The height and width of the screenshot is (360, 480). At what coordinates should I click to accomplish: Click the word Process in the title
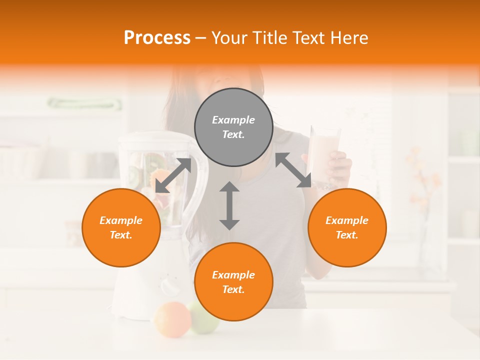click(157, 38)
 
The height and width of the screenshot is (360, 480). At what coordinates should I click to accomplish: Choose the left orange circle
click(121, 227)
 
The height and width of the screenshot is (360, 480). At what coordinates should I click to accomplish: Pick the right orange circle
click(347, 227)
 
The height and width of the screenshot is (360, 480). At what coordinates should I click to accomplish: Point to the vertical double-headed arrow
click(229, 205)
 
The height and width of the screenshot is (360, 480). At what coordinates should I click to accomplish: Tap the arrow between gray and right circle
click(293, 170)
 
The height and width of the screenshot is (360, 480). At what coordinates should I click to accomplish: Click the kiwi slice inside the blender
click(133, 175)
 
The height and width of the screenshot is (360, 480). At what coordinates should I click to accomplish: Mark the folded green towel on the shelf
click(84, 104)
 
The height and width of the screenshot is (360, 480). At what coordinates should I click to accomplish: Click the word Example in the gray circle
click(233, 120)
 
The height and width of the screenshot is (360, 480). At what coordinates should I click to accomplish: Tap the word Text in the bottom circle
click(233, 289)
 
